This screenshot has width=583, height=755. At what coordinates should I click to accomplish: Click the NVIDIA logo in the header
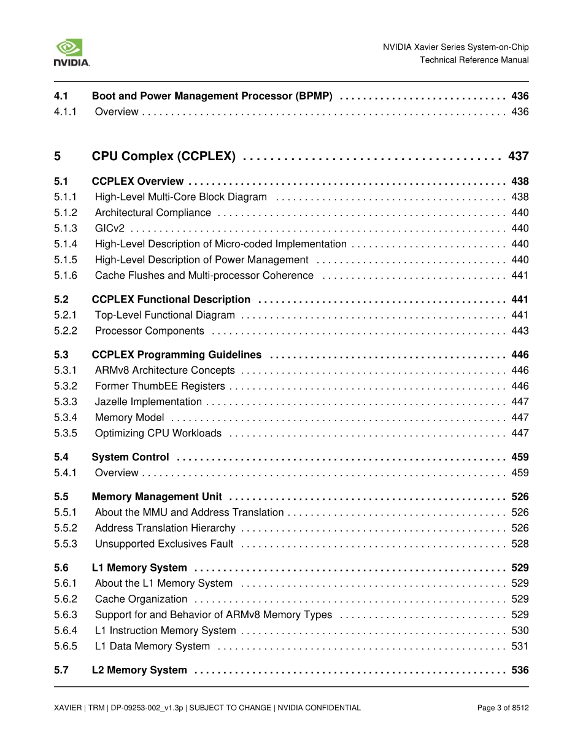(x=72, y=53)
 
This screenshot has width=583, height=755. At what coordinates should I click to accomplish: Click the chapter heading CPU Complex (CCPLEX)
(x=163, y=157)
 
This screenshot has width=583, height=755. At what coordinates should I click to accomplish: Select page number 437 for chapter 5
(x=518, y=157)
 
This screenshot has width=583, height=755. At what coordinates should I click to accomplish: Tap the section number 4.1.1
(x=65, y=112)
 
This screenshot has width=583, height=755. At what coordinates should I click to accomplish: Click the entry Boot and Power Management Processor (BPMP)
(x=212, y=96)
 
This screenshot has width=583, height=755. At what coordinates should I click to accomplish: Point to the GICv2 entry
(x=109, y=228)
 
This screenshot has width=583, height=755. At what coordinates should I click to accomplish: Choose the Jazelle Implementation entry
(x=148, y=402)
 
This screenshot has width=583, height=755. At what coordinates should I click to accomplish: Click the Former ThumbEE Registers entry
(x=160, y=386)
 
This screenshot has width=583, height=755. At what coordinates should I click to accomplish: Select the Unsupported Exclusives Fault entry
(x=164, y=544)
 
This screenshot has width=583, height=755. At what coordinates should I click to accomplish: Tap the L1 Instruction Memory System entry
(x=165, y=630)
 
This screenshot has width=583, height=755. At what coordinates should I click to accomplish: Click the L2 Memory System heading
(x=139, y=670)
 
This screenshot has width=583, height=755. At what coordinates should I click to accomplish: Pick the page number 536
(x=520, y=670)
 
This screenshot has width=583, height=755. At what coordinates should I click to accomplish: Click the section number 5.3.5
(x=65, y=433)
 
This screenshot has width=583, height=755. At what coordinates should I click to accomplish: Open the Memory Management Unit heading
(x=156, y=497)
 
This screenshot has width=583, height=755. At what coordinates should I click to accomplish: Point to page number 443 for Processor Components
(x=520, y=331)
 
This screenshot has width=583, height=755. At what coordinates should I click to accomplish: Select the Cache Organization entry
(x=141, y=599)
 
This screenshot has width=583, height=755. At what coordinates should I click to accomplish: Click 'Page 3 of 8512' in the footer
(x=503, y=708)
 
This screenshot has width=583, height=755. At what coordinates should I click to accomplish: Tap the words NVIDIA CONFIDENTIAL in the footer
(x=319, y=708)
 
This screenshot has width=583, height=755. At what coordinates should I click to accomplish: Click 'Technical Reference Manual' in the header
(x=474, y=60)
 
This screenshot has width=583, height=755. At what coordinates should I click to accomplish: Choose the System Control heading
(x=130, y=457)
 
